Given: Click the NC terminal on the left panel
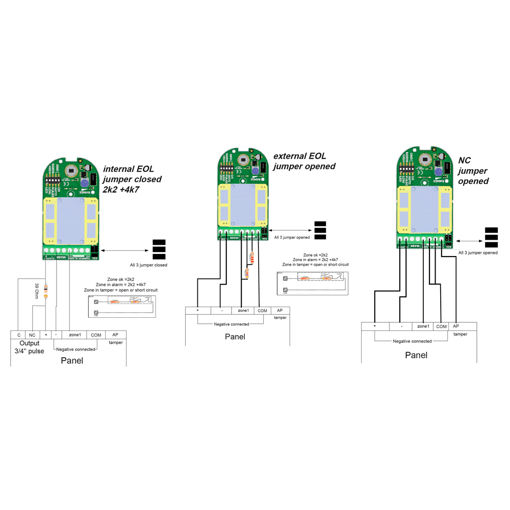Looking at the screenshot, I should click(33, 335).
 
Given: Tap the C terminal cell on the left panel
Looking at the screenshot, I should click(19, 335).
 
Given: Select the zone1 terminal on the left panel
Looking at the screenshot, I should click(75, 335).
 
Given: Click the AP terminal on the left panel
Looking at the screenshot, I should click(115, 335).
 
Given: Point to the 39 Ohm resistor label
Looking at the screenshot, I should click(37, 290).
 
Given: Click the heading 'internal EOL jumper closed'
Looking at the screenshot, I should click(132, 179).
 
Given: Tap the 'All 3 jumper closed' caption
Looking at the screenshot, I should click(148, 265).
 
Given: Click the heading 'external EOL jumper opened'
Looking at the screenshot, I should click(304, 161).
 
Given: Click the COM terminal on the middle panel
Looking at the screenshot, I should click(262, 311).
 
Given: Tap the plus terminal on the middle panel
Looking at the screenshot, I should click(197, 311).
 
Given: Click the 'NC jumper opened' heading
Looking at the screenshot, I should click(474, 171).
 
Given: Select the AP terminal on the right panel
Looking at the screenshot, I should click(456, 326).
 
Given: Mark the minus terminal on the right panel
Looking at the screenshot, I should click(402, 326).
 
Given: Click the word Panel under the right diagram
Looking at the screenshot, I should click(416, 355).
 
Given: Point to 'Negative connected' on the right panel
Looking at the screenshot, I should click(412, 341).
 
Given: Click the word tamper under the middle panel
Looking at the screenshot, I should click(280, 318).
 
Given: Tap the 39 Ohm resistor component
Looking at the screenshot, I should click(46, 291).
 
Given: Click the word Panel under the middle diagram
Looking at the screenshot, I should click(235, 337).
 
